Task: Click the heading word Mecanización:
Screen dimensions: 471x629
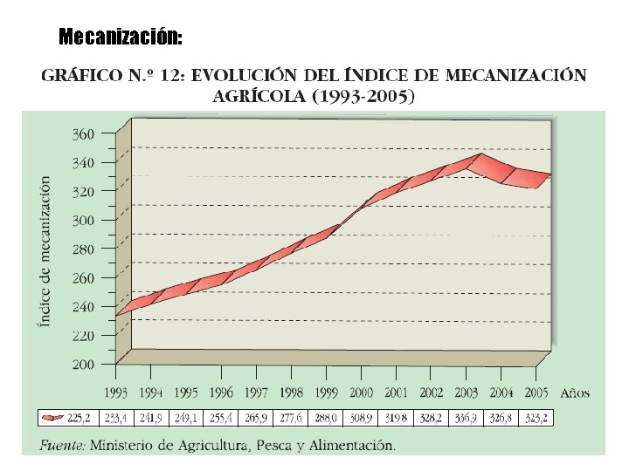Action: [x=121, y=38]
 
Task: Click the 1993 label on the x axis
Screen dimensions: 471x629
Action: [x=118, y=393]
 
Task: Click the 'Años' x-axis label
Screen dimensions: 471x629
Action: [x=574, y=393]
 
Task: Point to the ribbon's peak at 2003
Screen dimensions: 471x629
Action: [x=479, y=158]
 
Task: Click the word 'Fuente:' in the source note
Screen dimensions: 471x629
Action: [x=62, y=446]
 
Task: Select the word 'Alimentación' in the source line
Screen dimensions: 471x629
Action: [x=354, y=446]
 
